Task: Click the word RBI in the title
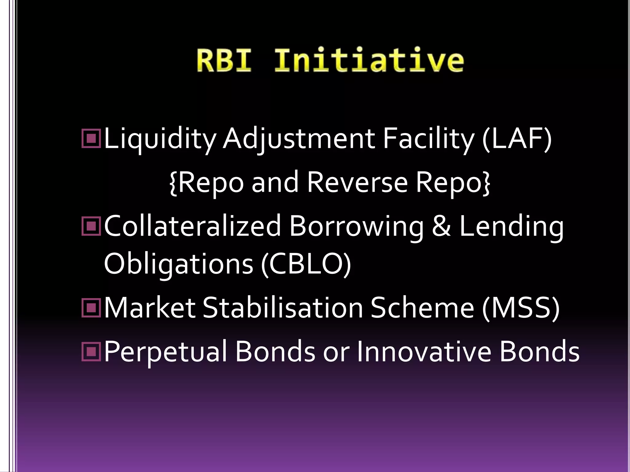224,61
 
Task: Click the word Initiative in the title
369,61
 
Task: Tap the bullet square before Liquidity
91,139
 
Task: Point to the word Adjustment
298,140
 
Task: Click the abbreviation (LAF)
517,140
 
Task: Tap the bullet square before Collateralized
91,226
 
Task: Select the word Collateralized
193,226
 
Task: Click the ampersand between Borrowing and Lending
441,226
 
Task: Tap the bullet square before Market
91,308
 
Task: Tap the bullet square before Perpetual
91,352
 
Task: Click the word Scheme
422,308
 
